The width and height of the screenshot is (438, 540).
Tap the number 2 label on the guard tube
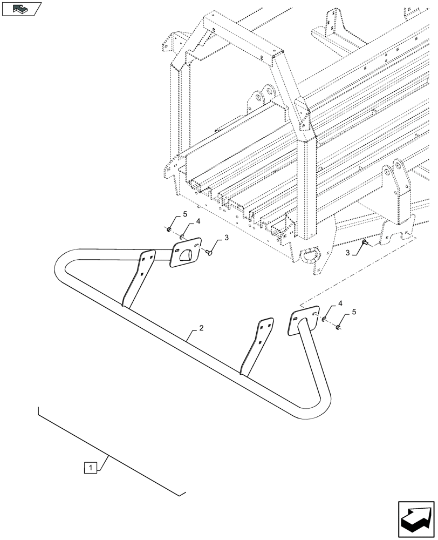coord(201,328)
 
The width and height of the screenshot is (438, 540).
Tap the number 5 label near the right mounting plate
coord(354,312)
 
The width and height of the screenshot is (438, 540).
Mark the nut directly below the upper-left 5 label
coord(169,231)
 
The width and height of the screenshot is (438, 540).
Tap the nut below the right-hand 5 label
coord(337,326)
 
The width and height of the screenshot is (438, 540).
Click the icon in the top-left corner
coord(22,9)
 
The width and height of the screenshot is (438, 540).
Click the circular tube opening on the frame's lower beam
coord(312,253)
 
